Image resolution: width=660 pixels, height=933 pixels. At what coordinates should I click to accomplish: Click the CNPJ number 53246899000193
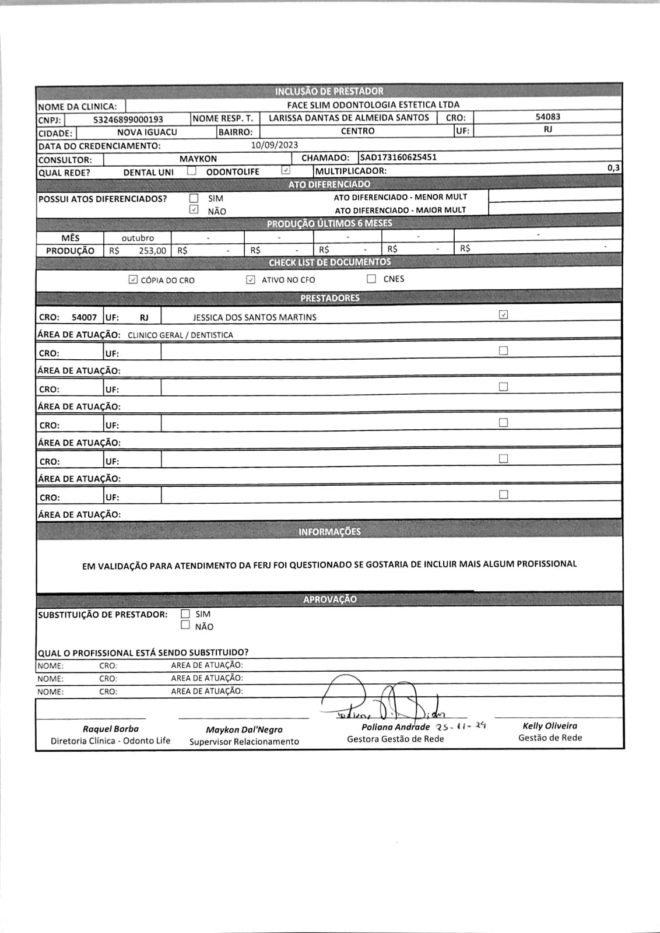coord(128,120)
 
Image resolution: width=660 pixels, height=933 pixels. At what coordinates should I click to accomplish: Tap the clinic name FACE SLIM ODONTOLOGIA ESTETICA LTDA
coord(373,105)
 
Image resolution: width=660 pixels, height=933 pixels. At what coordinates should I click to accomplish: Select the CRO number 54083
coord(547,117)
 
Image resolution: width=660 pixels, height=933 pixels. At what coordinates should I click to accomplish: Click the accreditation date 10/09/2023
coord(275,145)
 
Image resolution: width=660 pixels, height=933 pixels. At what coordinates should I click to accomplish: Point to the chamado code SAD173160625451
coord(399,157)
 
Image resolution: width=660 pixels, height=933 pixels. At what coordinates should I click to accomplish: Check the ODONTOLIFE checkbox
coord(286,170)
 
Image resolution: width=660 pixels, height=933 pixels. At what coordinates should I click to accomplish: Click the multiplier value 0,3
coord(613,168)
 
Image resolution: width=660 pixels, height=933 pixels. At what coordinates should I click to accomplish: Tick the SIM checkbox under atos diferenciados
coord(194,198)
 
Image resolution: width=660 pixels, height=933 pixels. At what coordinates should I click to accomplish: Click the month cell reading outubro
coord(138,238)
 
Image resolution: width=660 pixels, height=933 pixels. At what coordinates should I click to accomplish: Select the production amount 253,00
coord(152,251)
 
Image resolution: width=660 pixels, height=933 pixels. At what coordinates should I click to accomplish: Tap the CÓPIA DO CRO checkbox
coord(133,280)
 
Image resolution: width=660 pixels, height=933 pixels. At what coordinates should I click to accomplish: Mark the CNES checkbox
coord(371,279)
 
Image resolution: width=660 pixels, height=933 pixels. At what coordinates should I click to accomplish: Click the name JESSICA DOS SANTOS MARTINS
coord(255,317)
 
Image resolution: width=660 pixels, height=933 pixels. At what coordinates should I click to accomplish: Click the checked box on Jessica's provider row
coord(504,315)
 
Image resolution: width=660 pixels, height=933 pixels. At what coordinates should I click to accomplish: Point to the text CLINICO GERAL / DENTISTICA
coord(180,335)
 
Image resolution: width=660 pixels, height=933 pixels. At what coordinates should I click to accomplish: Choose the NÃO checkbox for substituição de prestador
coord(185,625)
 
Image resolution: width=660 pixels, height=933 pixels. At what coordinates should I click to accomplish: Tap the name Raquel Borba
coord(111,729)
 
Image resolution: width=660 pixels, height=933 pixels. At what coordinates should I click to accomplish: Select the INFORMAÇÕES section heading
coord(329,532)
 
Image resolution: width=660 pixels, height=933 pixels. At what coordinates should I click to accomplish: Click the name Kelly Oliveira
coord(550,726)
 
